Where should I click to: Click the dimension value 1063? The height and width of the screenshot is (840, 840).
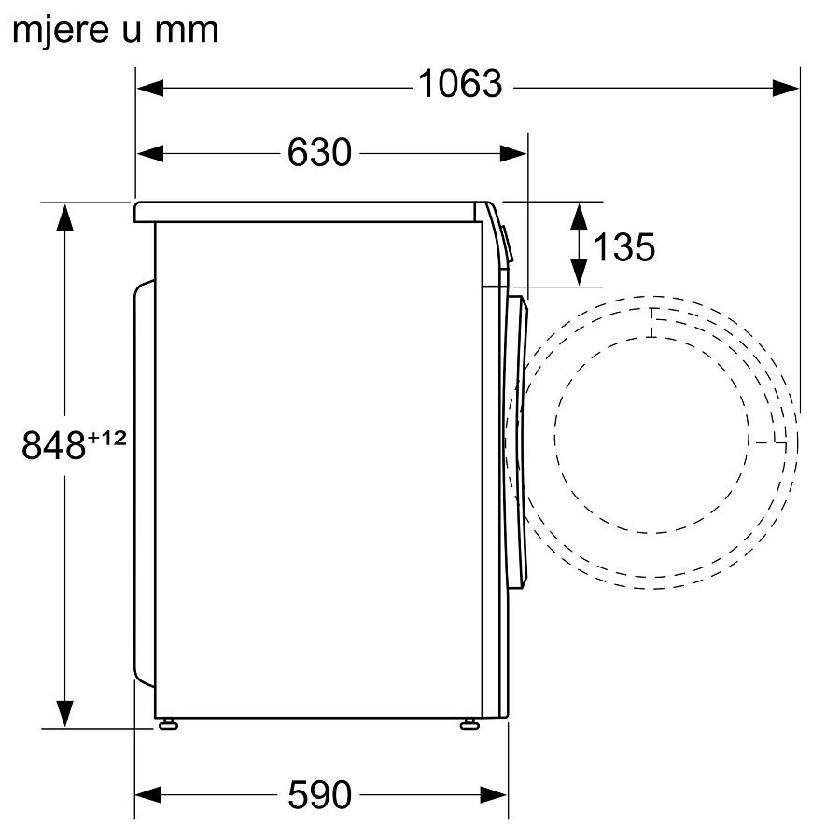[459, 84]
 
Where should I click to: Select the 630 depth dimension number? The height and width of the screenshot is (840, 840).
[319, 153]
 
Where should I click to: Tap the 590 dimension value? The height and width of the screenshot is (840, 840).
[319, 795]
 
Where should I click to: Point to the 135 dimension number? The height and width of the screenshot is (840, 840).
[623, 247]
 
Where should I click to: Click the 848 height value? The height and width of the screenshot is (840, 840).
[53, 445]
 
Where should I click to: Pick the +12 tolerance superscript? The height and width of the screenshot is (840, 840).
[107, 439]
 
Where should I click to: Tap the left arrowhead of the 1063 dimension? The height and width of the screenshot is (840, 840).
[150, 88]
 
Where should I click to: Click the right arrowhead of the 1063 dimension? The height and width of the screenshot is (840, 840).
[785, 88]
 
